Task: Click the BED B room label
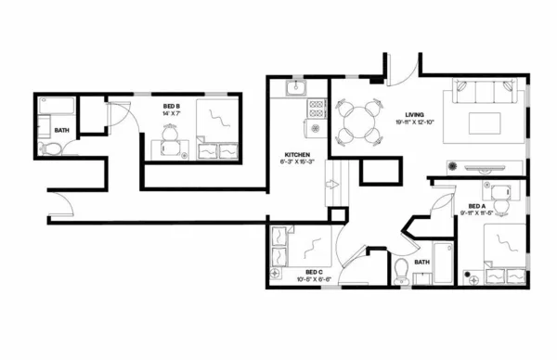point(172,107)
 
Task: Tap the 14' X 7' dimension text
point(172,114)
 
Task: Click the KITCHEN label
point(297,154)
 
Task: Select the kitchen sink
point(294,89)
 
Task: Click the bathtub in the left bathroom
point(57,105)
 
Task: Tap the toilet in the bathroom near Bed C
point(401,271)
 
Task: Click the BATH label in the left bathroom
point(61,131)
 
